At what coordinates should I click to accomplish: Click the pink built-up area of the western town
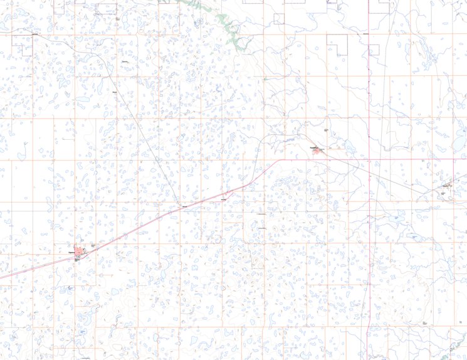[80, 252]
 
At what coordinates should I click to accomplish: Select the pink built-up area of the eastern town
[318, 151]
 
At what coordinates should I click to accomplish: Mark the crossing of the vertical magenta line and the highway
[369, 159]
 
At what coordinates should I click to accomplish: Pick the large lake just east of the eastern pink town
[349, 148]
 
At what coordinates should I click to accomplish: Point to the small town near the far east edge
[446, 186]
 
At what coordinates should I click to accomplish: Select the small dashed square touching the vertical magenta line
[375, 49]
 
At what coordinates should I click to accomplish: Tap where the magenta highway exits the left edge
[1, 278]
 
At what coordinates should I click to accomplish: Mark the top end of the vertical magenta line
[369, 1]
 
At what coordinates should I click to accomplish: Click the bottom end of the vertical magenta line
[365, 358]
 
